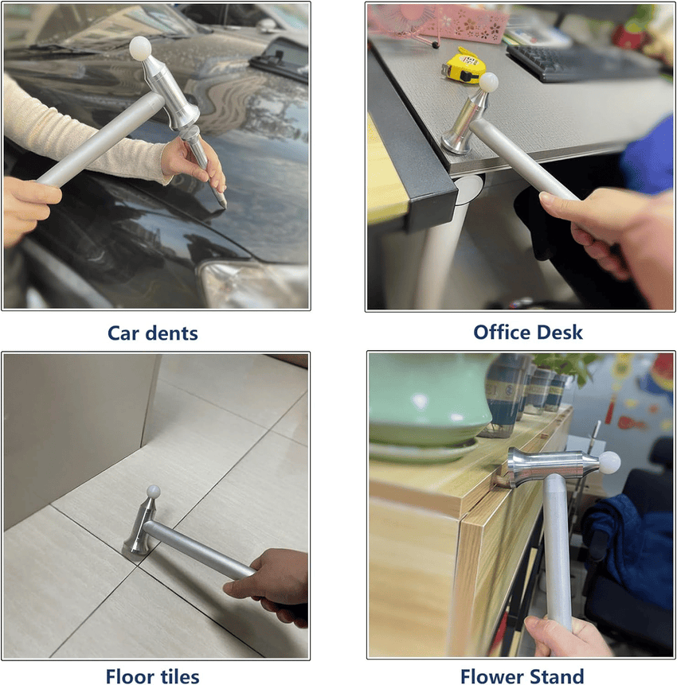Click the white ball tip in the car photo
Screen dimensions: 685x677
pos(140,47)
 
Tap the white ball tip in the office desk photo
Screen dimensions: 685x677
pos(488,81)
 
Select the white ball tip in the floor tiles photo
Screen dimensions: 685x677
pos(154,492)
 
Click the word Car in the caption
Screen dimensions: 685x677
pos(125,333)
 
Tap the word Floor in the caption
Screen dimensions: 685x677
pos(132,676)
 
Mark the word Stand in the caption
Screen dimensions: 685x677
pos(558,676)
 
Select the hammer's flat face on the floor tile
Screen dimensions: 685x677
pos(133,547)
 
